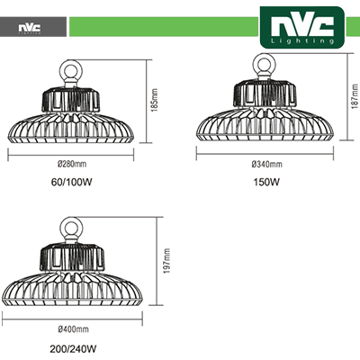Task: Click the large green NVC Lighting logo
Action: [x=302, y=28]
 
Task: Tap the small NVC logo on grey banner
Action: [x=30, y=28]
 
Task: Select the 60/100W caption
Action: [x=71, y=182]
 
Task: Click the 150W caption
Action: [x=266, y=182]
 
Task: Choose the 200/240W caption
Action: [x=73, y=349]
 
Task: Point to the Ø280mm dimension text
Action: [x=72, y=164]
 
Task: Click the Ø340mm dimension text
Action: [x=267, y=164]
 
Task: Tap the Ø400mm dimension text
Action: [x=74, y=329]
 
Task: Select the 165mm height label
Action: [x=155, y=101]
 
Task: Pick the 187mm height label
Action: [x=355, y=96]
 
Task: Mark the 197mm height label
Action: [x=166, y=261]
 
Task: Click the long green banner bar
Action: [x=164, y=27]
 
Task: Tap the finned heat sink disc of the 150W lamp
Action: [x=265, y=124]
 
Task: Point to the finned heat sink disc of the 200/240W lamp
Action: [x=72, y=290]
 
